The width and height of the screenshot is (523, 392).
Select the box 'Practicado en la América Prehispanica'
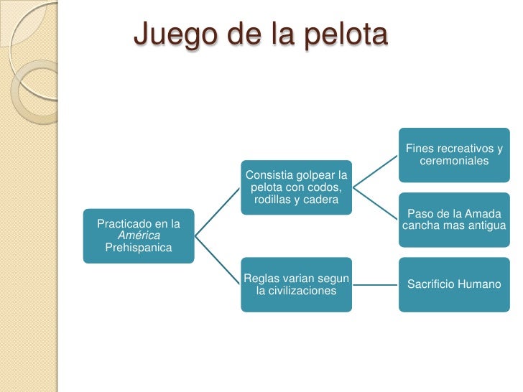(138, 235)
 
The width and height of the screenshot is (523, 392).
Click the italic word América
(139, 235)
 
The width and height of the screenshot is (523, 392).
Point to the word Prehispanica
(139, 248)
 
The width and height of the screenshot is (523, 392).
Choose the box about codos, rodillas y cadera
(296, 187)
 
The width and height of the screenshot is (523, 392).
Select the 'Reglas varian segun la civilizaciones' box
(296, 284)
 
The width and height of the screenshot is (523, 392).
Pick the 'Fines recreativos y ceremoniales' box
(454, 154)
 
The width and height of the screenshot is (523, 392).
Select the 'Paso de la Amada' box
(454, 220)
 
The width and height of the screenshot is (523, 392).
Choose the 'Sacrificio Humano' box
(454, 284)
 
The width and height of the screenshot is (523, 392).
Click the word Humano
(481, 284)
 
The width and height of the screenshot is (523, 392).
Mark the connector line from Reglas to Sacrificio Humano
(375, 284)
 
